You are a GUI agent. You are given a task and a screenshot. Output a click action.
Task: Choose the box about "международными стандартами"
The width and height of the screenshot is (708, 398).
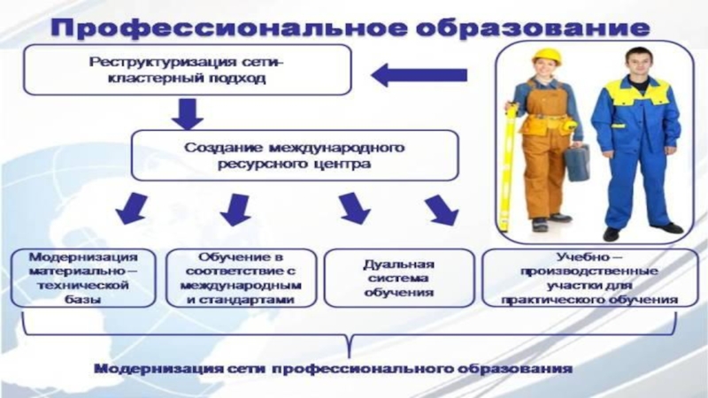241,278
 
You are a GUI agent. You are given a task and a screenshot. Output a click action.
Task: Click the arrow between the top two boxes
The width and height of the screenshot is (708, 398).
188,112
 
